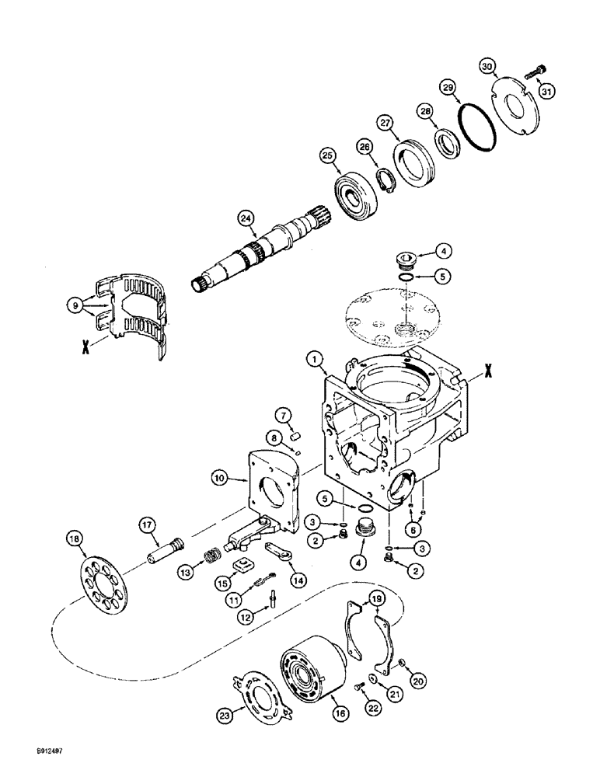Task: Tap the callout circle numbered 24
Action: click(x=247, y=220)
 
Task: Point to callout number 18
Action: click(x=75, y=540)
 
